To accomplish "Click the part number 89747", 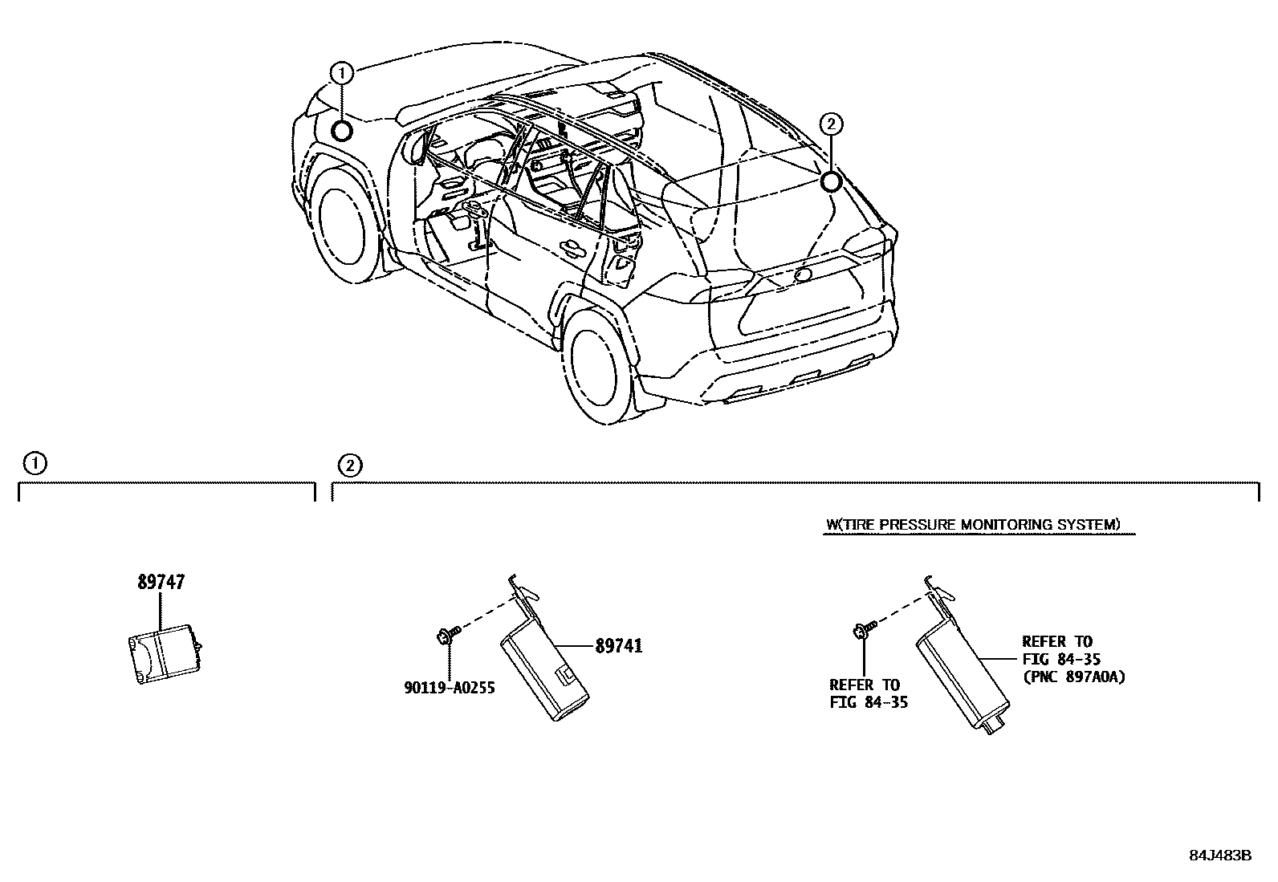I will pos(161,583).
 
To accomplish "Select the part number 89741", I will pos(618,646).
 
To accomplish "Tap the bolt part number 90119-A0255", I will pos(449,687).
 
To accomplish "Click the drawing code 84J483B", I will pos(1220,856).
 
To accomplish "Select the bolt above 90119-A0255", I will pos(446,635).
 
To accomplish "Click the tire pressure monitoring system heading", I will pos(972,525).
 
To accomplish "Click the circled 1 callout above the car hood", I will pos(342,73).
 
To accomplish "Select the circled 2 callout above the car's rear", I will pos(831,124).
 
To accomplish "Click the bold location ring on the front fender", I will pos(342,131).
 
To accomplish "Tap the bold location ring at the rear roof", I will pos(831,181).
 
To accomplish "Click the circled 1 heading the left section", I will pos(35,463).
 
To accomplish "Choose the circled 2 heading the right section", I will pos(348,465).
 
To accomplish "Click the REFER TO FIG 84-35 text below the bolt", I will pos(864,694).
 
